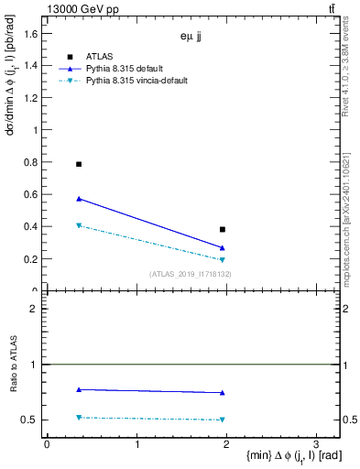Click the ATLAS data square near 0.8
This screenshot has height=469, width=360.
pos(79,164)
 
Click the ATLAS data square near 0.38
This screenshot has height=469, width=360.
pos(223,229)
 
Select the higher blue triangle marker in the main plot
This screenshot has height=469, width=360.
pos(79,198)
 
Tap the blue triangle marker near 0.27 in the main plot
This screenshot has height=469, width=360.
pos(223,247)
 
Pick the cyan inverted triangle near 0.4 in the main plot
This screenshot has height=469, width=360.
pos(79,225)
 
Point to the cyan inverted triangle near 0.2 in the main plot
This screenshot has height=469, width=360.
pos(223,260)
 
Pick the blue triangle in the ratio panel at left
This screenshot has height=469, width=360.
pos(79,389)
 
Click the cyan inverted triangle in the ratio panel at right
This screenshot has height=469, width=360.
pos(223,420)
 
